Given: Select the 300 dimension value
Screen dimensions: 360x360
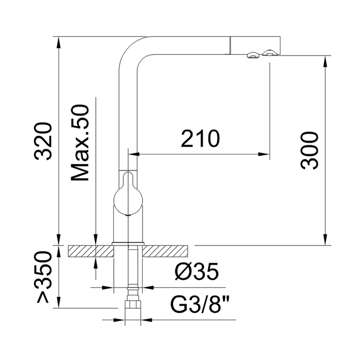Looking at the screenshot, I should [310, 151].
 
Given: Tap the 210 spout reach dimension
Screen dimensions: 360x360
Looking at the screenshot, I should [200, 139].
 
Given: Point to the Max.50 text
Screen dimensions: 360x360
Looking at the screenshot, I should [81, 144].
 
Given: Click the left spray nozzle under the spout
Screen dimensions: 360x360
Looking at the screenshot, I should [252, 55].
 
